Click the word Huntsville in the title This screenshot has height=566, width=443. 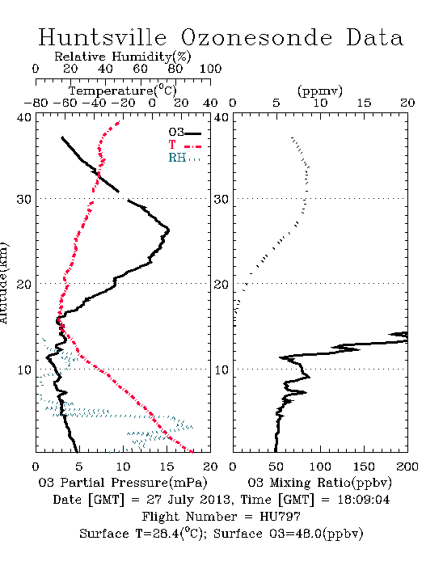[103, 37]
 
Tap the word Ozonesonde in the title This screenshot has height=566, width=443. [256, 37]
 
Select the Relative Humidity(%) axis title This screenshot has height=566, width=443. [123, 57]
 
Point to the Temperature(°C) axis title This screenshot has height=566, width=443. [123, 91]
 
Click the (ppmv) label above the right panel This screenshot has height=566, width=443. [320, 91]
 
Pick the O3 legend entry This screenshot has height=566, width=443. [184, 133]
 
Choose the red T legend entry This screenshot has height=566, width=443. [184, 145]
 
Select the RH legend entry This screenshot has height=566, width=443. [184, 158]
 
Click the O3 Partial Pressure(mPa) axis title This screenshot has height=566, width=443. [123, 483]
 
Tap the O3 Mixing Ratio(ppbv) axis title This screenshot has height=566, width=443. [319, 483]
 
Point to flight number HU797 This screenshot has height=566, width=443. [281, 517]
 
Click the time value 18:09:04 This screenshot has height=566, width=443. [364, 500]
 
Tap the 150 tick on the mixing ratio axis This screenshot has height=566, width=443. [364, 467]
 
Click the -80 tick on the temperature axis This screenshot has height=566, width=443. [36, 103]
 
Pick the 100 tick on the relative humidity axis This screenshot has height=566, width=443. [210, 69]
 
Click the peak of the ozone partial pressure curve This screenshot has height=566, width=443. [168, 230]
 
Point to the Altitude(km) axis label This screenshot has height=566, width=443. [4, 284]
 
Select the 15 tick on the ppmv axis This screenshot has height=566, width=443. [364, 103]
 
